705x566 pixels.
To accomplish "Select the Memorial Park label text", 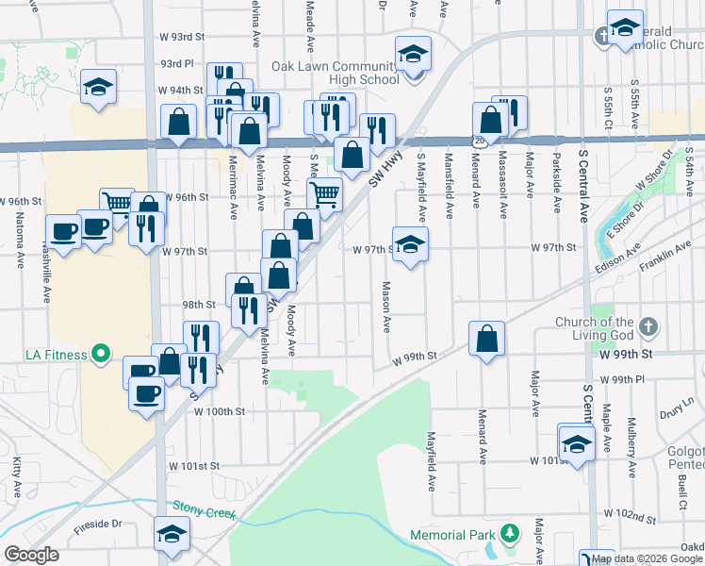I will point(452,536).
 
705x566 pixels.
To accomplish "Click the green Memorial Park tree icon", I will point(509,535).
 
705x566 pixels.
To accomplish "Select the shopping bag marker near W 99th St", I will point(486,340).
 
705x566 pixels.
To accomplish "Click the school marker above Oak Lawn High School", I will point(413,54).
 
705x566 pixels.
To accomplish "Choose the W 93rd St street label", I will point(182,37).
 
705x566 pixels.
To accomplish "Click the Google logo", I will point(31,555).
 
